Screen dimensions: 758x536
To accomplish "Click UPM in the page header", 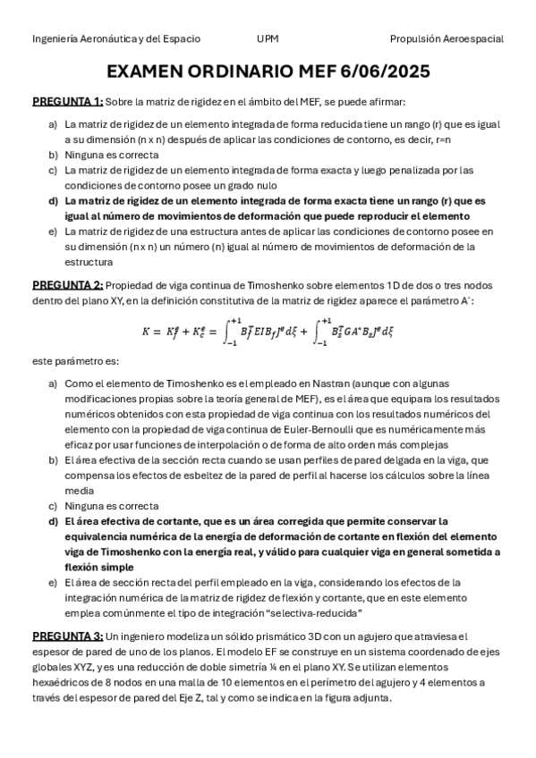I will pos(267,39).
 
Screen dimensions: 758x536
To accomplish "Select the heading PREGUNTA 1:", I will pos(68,102).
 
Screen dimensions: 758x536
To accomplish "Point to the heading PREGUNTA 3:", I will pos(68,636).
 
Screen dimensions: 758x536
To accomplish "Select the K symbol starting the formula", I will pos(146,331).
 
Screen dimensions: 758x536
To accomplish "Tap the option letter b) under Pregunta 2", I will pos(54,459).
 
